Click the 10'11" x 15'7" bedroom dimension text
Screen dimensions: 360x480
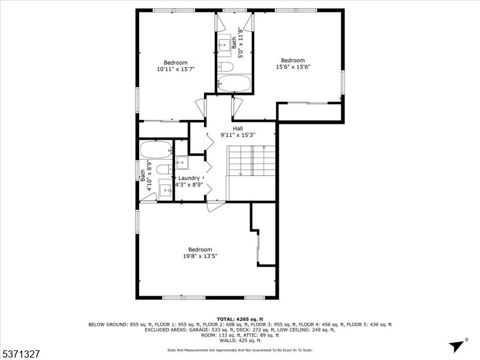[x=176, y=70]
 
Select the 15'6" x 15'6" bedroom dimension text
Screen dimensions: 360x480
[x=293, y=67]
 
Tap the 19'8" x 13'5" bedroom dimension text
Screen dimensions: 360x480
[x=200, y=256]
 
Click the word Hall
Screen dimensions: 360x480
[x=238, y=128]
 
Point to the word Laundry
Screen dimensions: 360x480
[x=188, y=178]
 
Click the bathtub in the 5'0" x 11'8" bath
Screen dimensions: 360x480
[x=234, y=83]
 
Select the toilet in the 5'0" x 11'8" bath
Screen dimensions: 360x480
[x=225, y=66]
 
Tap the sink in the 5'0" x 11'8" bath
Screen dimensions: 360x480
[x=226, y=43]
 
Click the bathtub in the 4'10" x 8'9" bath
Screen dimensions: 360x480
[x=156, y=148]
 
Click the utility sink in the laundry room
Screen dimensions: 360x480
[x=182, y=163]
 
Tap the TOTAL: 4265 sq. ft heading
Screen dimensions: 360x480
[x=239, y=319]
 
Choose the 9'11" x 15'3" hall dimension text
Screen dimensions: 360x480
[x=238, y=136]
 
